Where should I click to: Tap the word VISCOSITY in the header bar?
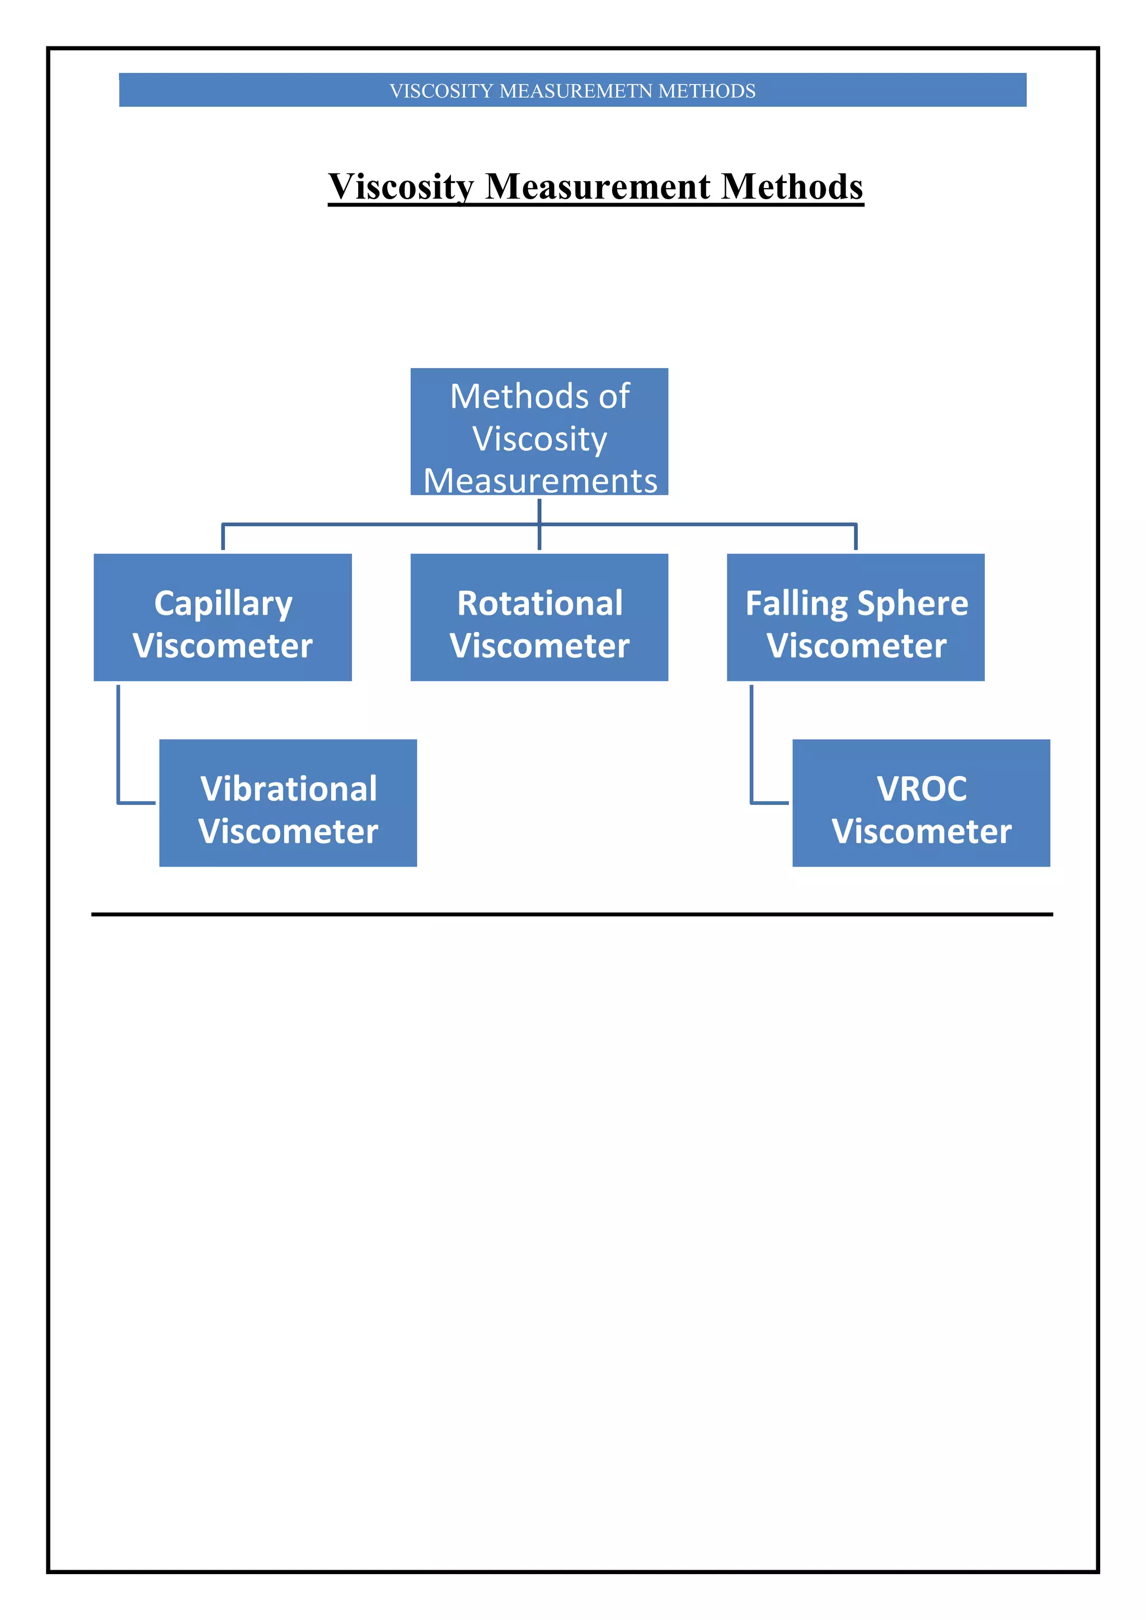click(x=441, y=91)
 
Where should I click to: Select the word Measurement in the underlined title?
click(x=598, y=187)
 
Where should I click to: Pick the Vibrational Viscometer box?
click(x=288, y=803)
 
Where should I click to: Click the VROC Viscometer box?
click(x=921, y=803)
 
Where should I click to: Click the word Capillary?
click(x=223, y=604)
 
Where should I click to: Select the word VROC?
click(x=922, y=789)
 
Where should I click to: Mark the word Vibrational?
click(x=289, y=789)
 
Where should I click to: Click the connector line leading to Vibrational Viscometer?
click(x=119, y=748)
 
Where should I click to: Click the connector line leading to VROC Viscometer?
click(x=752, y=748)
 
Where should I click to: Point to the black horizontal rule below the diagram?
click(x=571, y=915)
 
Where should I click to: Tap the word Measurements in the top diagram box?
click(x=541, y=481)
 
